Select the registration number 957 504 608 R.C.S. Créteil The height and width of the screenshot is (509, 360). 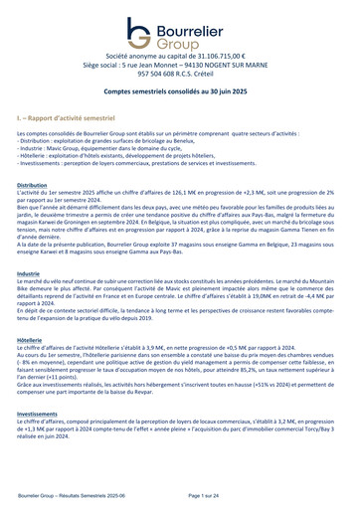[179, 78]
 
